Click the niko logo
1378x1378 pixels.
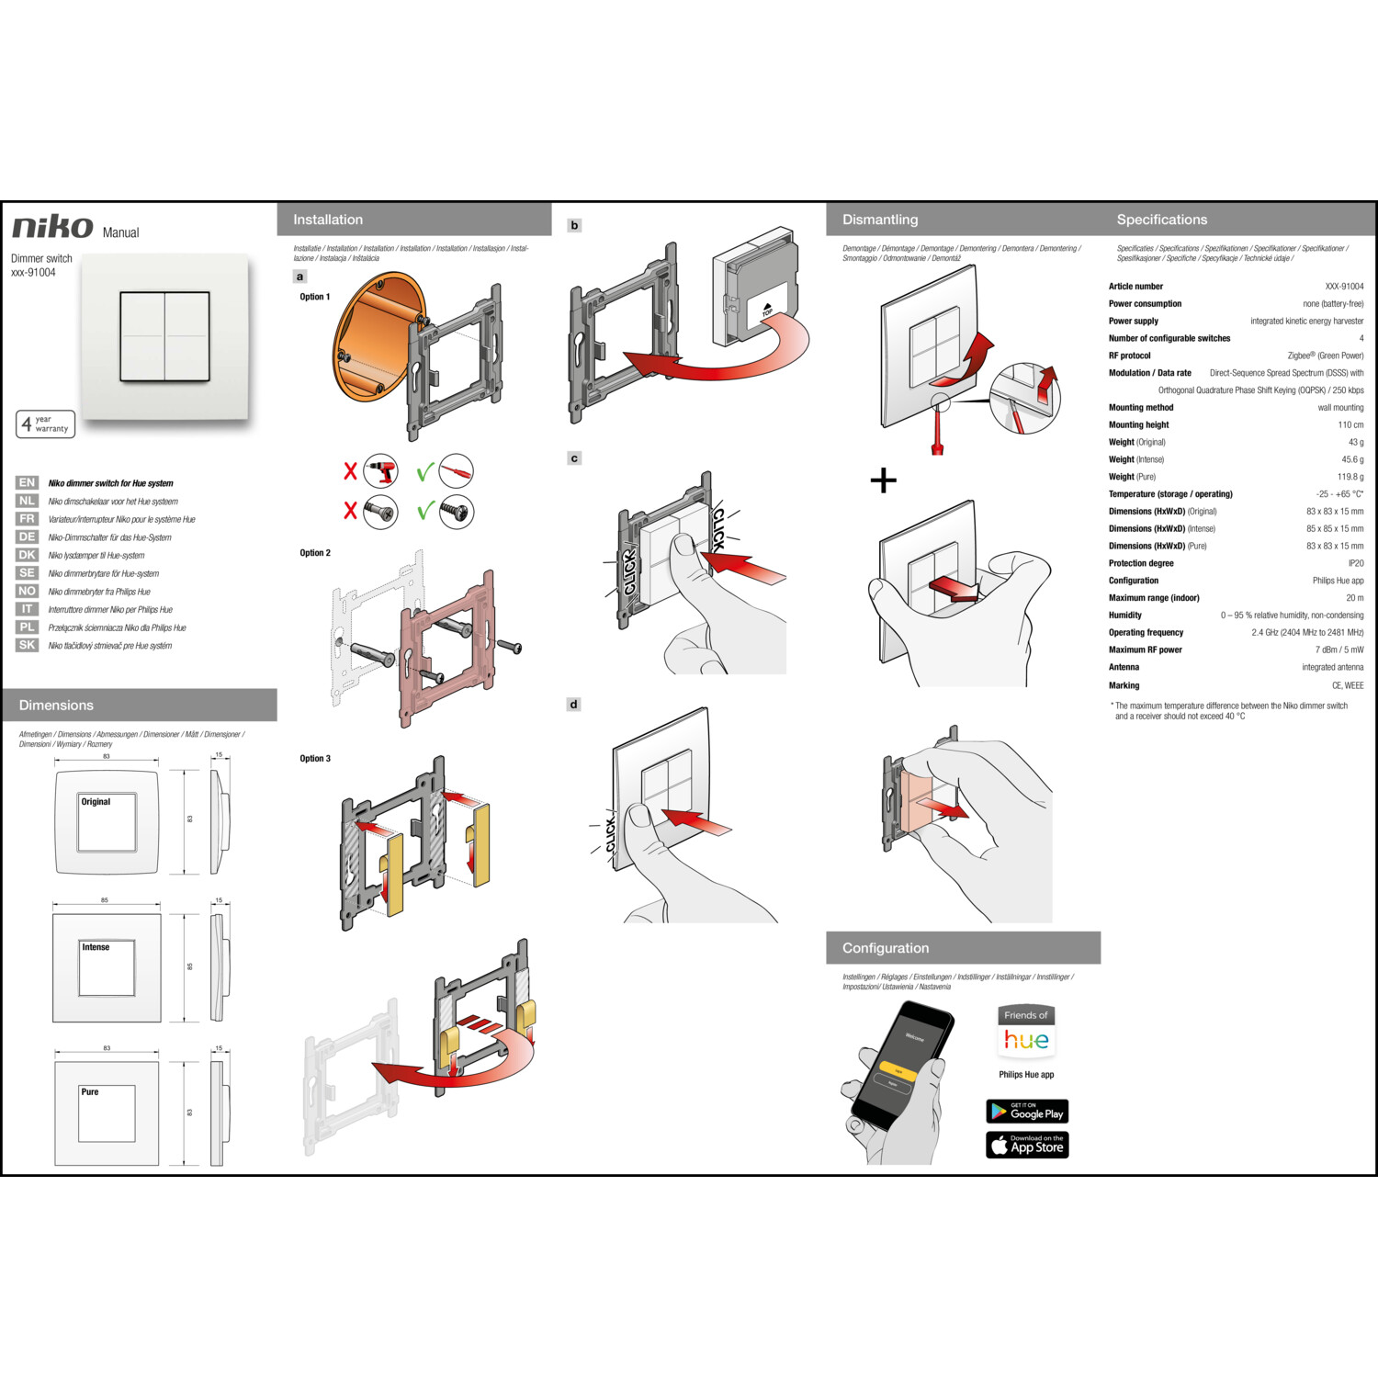click(x=52, y=227)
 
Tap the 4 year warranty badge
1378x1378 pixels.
click(x=45, y=424)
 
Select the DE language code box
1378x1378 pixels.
click(x=27, y=537)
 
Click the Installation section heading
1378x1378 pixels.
click(x=328, y=220)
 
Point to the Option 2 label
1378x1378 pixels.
click(x=315, y=553)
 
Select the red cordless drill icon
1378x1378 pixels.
click(x=380, y=472)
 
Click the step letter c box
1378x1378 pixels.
click(x=574, y=458)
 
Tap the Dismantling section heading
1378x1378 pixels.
click(x=880, y=220)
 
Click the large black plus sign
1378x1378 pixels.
click(x=883, y=480)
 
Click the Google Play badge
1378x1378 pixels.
click(x=1027, y=1112)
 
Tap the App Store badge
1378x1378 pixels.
click(x=1027, y=1145)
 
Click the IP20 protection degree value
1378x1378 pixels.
click(x=1355, y=563)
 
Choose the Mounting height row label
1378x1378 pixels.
click(x=1138, y=424)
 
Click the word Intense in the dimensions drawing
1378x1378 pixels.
click(x=96, y=947)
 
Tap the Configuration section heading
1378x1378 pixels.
click(x=886, y=948)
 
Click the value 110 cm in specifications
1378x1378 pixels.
click(x=1350, y=424)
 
